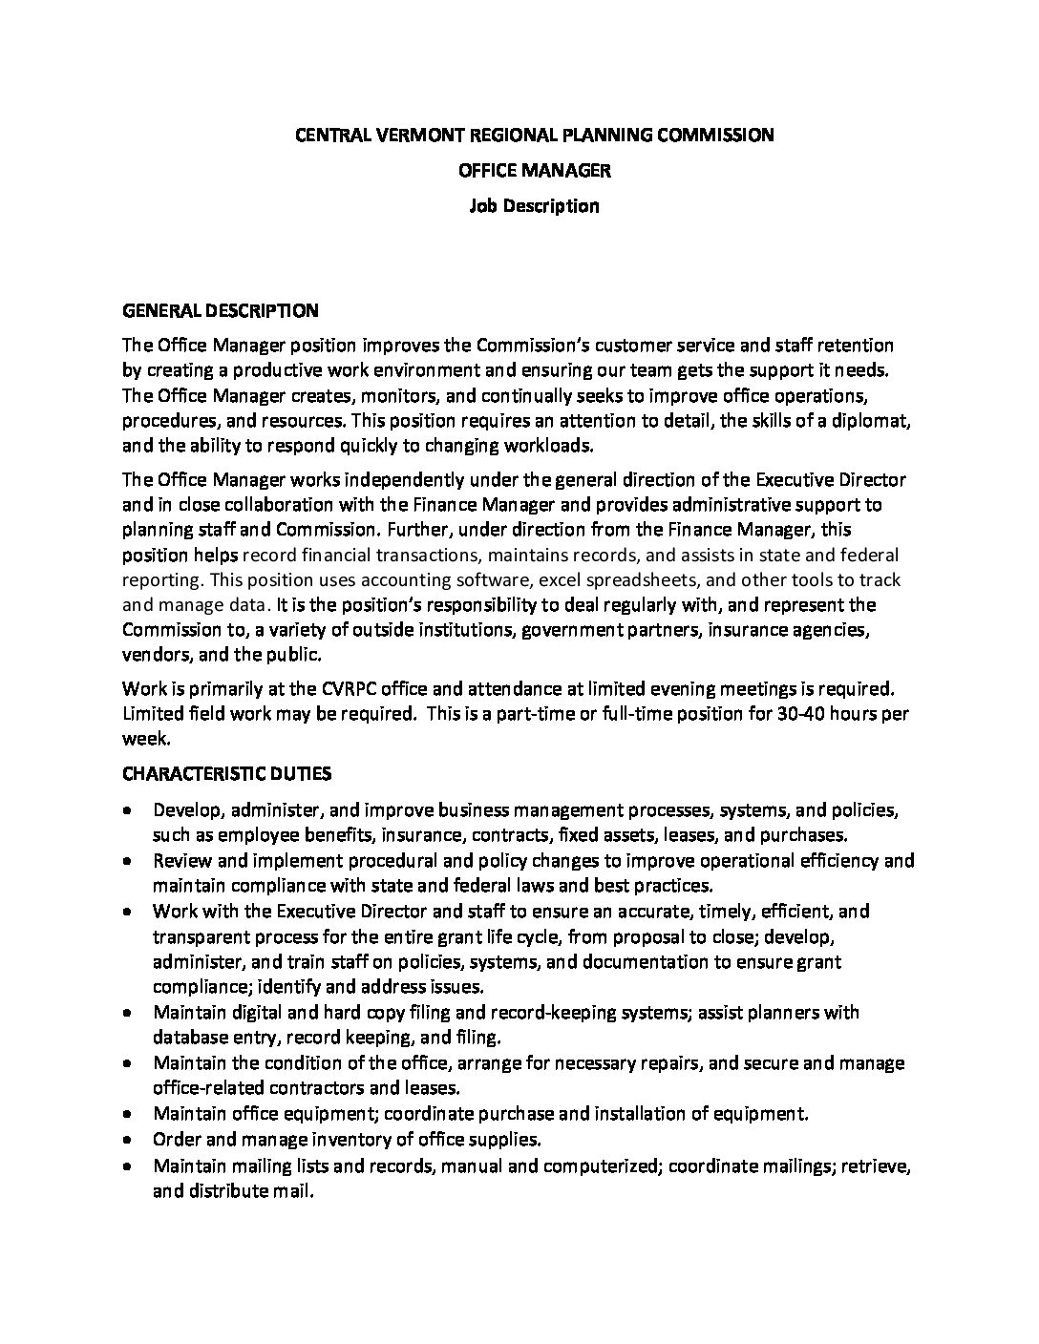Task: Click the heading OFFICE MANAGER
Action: tap(534, 170)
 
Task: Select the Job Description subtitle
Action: tap(534, 205)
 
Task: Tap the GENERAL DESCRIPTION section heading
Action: tap(221, 310)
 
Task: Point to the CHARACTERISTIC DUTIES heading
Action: tap(227, 772)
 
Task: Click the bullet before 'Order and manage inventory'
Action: tap(129, 1139)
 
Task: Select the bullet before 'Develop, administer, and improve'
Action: tap(129, 810)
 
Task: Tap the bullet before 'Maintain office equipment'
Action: tap(129, 1113)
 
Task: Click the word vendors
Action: tap(151, 655)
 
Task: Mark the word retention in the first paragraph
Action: tap(857, 345)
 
